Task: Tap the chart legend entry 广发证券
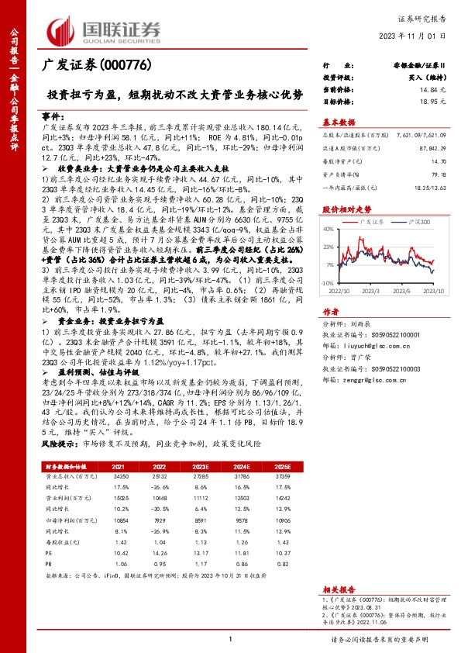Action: tap(372, 221)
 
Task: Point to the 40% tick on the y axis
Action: tap(329, 229)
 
